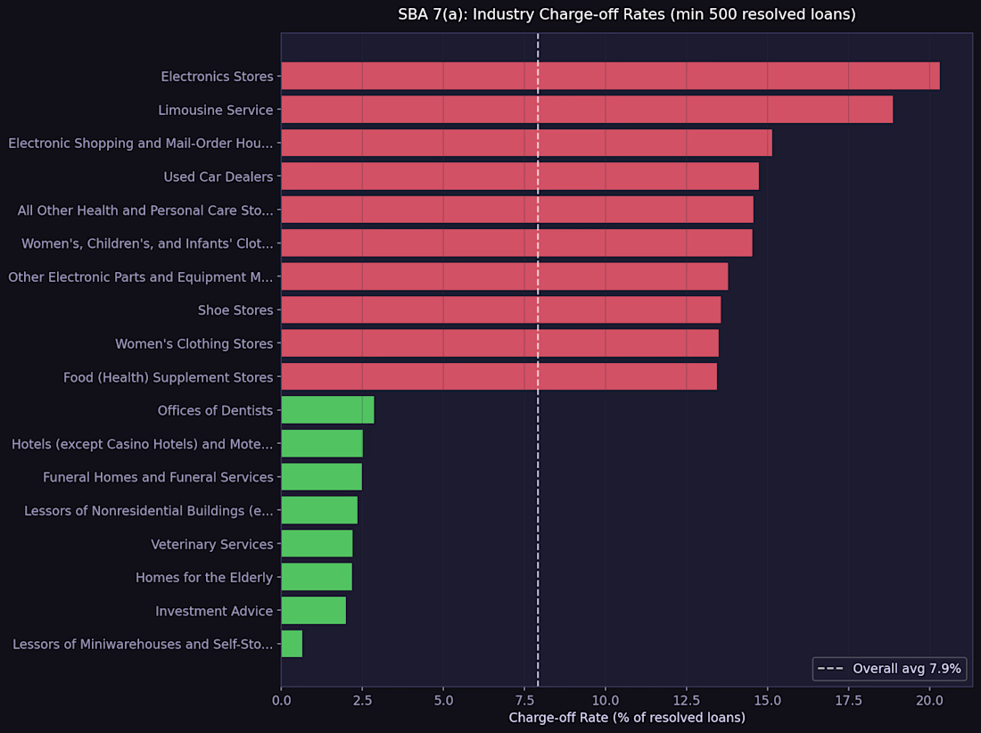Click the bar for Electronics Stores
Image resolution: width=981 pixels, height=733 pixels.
point(610,77)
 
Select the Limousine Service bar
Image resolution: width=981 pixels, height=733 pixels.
point(587,110)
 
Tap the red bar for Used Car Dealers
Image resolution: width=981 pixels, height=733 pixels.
point(520,177)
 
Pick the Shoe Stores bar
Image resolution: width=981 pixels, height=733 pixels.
point(500,310)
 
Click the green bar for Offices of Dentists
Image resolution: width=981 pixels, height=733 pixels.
point(327,410)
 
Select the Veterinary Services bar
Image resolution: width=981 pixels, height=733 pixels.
point(317,544)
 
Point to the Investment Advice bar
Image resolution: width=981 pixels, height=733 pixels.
point(313,611)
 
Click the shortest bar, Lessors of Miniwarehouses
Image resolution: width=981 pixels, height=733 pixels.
point(292,644)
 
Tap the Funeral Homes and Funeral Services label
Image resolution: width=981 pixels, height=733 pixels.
point(158,477)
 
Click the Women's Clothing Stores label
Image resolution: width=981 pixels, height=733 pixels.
point(194,343)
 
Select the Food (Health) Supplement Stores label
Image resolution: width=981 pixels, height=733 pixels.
point(168,377)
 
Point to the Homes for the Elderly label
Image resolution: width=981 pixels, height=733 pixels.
point(204,578)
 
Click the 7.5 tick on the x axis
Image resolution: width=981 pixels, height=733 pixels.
point(524,701)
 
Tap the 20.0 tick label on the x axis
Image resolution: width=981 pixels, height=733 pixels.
point(929,701)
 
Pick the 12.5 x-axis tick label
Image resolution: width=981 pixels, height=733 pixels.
point(687,701)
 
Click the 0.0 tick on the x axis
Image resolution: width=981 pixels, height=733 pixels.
point(281,701)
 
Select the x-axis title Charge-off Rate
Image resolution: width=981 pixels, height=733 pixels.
point(626,718)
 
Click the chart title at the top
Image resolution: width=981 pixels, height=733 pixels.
point(626,14)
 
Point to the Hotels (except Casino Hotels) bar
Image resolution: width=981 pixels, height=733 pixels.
point(322,443)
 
